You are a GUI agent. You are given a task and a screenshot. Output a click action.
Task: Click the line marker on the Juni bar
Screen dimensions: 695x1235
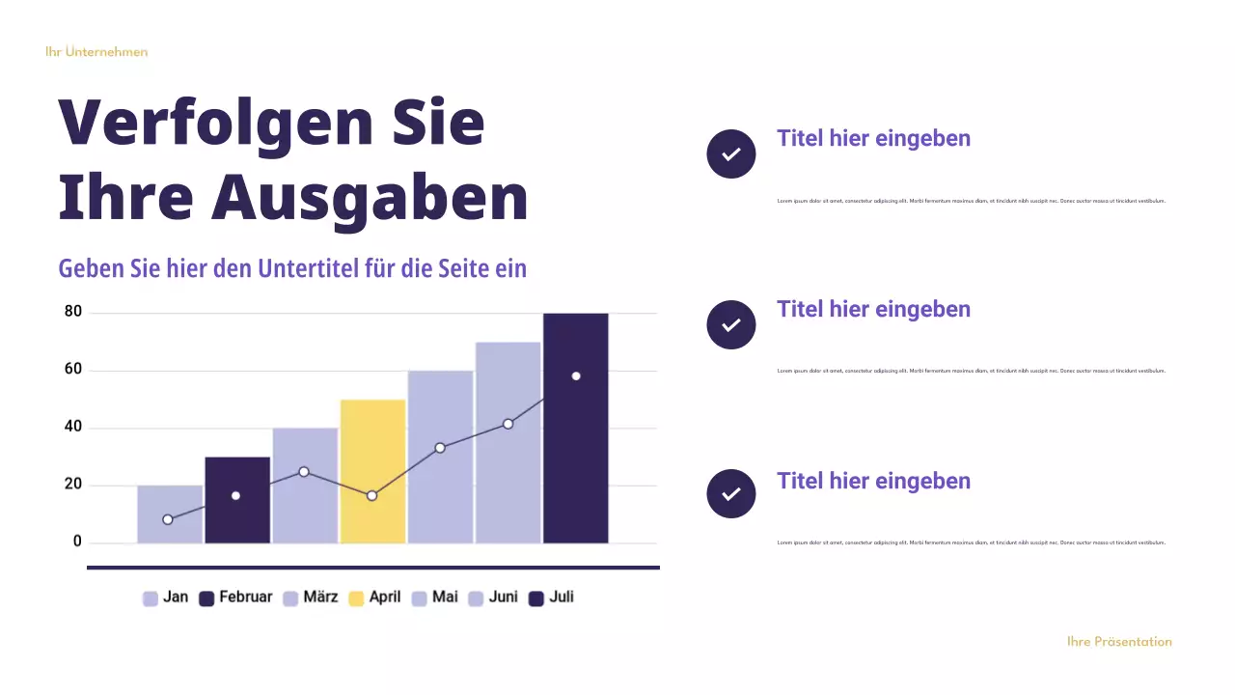tap(508, 424)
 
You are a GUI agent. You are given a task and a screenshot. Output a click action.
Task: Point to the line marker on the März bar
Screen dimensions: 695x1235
tap(304, 472)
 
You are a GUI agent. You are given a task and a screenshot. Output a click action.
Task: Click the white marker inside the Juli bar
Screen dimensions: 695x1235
tap(576, 375)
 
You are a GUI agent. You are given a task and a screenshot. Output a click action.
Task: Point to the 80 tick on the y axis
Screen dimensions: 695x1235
tap(73, 312)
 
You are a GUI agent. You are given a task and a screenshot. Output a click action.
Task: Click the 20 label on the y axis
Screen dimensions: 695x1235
tap(73, 485)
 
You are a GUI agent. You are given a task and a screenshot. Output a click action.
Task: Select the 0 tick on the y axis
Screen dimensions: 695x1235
tap(78, 542)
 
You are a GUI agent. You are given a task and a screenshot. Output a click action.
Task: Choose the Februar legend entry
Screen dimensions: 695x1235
tap(235, 598)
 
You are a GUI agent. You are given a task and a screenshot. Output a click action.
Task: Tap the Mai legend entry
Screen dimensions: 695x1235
tap(435, 598)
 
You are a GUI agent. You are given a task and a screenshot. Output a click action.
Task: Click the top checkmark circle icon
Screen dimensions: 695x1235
tap(731, 153)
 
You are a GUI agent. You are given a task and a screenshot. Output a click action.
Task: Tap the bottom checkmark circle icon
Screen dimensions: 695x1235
tap(731, 493)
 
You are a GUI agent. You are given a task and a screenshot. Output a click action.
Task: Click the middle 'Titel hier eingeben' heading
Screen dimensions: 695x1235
tap(873, 309)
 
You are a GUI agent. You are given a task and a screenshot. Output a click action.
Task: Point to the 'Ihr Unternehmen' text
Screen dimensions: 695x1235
tap(96, 52)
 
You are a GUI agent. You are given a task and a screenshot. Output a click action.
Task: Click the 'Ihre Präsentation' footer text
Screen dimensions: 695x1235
tap(1119, 642)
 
